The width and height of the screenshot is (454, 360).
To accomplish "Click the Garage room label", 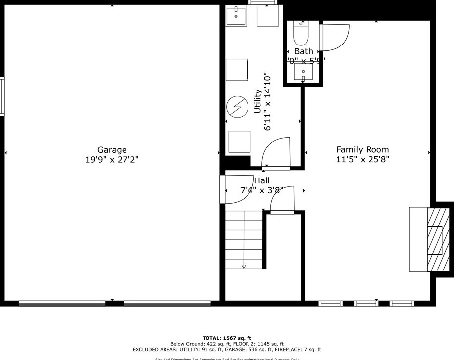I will tap(112, 150).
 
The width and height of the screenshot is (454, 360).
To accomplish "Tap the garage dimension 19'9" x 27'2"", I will tap(112, 160).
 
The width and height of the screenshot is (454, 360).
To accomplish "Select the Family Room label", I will tap(363, 149).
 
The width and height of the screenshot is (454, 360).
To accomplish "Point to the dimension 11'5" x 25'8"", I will tap(363, 159).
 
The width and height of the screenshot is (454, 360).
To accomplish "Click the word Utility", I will tap(257, 101).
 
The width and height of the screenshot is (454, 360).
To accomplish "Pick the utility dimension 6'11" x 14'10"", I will tap(268, 102).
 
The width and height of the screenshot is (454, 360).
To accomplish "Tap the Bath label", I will tap(303, 51).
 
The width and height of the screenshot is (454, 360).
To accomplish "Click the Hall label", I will tap(262, 180).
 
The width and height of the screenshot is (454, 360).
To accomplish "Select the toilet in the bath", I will tap(300, 34).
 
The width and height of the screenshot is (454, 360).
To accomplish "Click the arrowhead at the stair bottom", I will tap(244, 267).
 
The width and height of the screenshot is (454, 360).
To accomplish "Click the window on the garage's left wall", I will tap(2, 96).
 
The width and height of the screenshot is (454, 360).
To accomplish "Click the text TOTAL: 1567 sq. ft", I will tap(227, 338).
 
